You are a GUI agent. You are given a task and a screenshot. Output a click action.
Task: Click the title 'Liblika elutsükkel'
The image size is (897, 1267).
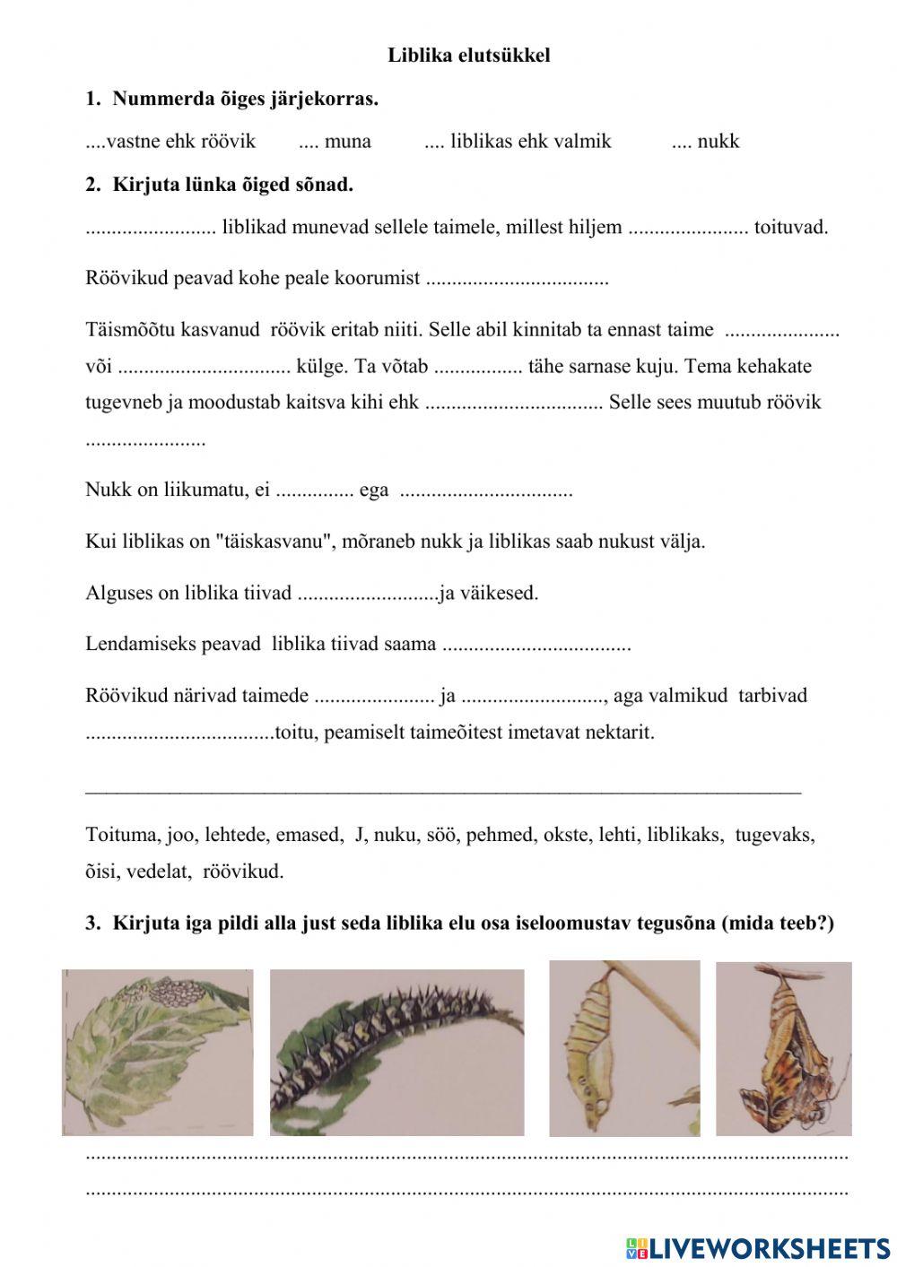click(468, 56)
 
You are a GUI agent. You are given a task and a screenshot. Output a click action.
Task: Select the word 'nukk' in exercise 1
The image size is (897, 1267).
click(718, 141)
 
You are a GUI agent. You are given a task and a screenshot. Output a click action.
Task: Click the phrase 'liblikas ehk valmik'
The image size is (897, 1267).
click(530, 141)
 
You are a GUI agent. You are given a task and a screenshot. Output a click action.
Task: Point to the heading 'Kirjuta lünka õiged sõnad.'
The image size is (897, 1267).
click(232, 186)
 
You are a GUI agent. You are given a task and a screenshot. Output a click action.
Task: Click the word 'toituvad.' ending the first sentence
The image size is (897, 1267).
click(791, 227)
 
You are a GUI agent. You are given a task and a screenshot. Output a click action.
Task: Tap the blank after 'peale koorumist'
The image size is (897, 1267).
click(517, 279)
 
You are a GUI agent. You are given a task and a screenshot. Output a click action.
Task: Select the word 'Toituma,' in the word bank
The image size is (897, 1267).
click(123, 835)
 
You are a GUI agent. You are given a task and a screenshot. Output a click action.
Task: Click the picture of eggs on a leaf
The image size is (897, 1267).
click(158, 1052)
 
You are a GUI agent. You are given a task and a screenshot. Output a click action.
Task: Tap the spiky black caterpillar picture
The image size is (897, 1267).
click(396, 1053)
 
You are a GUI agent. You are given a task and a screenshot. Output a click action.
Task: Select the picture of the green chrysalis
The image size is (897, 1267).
click(624, 1049)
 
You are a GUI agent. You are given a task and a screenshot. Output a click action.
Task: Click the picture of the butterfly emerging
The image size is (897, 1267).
click(783, 1049)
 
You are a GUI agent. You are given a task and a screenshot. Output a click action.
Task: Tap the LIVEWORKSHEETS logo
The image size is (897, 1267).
click(758, 1248)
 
